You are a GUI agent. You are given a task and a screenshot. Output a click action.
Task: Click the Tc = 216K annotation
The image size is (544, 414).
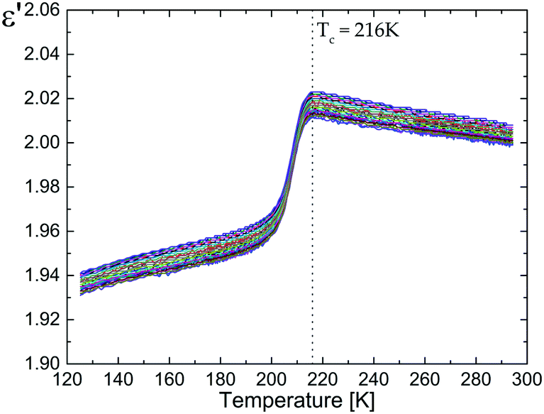tap(358, 31)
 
